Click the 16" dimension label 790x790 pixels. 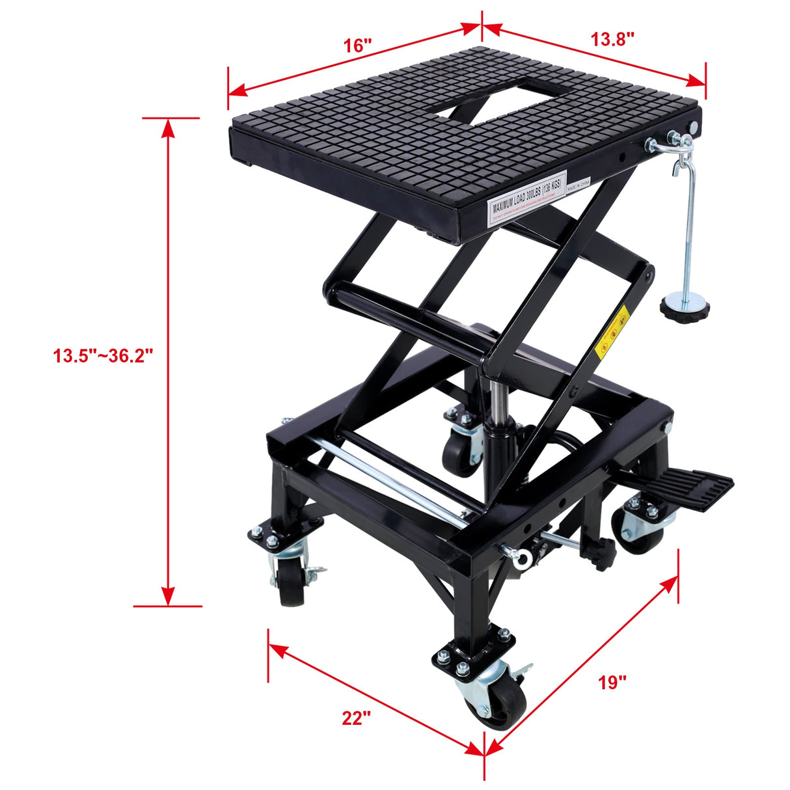coord(358,45)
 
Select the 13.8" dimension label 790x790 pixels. coord(612,39)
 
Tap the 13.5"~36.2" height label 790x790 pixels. coord(103,356)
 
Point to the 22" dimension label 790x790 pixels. coord(356,717)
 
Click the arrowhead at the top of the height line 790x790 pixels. coord(169,128)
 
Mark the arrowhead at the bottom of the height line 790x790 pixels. coord(169,595)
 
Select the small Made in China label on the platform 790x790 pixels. coord(578,186)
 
